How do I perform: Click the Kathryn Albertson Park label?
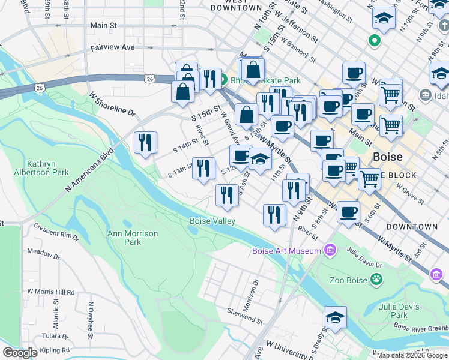tap(48, 168)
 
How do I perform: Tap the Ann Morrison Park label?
tap(133, 238)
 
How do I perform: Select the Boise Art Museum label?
tap(286, 251)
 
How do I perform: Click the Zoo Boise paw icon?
tap(376, 278)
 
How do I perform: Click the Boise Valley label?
tap(212, 221)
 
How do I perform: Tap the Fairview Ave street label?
tap(113, 46)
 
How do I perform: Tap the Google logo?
tap(20, 353)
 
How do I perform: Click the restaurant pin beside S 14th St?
tap(145, 143)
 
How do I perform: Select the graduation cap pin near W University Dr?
tap(335, 318)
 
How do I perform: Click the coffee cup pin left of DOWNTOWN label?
tap(348, 212)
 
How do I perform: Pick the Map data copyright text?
tap(412, 355)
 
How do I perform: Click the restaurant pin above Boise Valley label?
tap(226, 196)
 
